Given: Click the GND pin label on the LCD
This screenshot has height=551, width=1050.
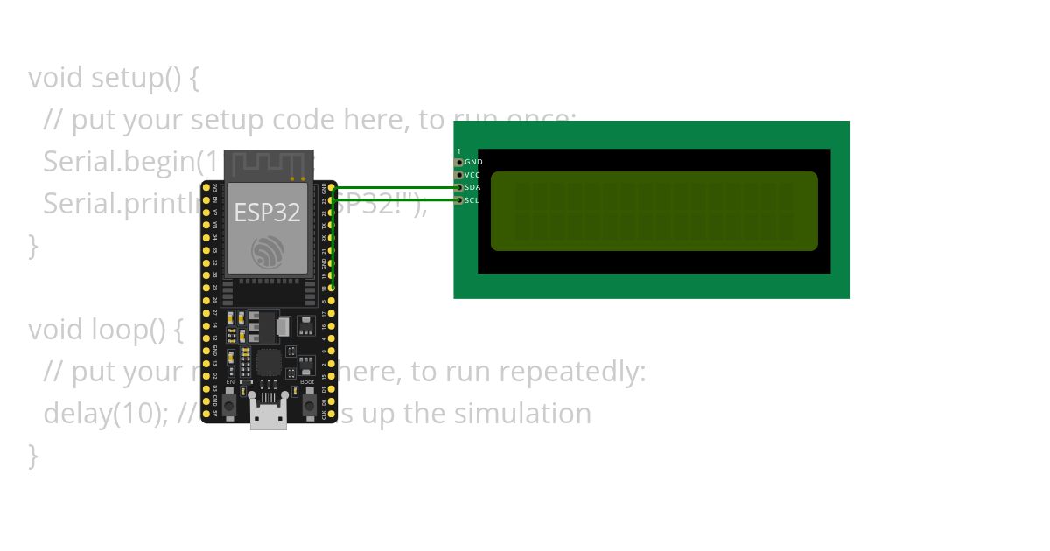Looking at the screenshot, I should coord(473,163).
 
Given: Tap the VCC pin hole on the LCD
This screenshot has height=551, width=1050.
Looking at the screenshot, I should coord(459,175).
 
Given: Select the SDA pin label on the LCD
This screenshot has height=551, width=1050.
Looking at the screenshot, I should coord(472,187).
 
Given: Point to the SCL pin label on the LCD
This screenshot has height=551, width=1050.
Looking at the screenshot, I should coord(472,200).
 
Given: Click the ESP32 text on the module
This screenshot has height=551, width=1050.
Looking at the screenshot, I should coord(267,213).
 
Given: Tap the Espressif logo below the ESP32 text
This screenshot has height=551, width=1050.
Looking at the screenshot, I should coord(267,252).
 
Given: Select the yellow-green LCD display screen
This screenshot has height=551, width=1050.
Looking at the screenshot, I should coord(654,211).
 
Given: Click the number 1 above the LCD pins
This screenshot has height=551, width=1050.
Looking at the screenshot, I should coord(458,151).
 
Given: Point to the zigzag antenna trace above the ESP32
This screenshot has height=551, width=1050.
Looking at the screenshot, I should coord(268,164).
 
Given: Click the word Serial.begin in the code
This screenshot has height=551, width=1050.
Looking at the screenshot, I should coord(118,162).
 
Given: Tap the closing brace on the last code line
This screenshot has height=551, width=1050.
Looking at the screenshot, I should coord(33,455).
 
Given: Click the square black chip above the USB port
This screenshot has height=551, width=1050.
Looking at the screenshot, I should coord(269,362).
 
